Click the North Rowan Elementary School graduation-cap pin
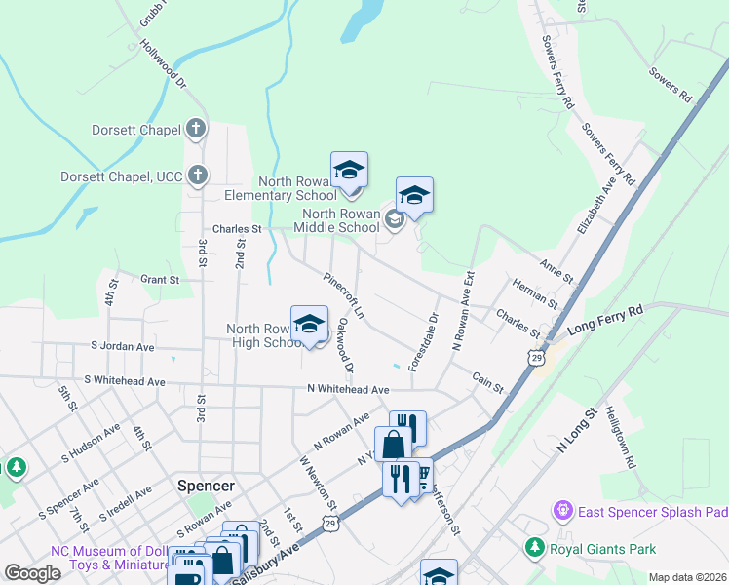click(349, 171)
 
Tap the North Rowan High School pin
click(309, 325)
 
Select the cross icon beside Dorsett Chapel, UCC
click(197, 175)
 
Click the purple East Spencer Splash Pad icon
click(561, 510)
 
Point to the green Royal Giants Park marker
click(534, 549)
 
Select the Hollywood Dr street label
click(162, 64)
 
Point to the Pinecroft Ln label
click(344, 295)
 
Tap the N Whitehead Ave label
click(348, 390)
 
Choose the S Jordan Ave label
click(122, 346)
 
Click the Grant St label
click(161, 279)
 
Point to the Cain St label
click(487, 381)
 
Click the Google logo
click(32, 573)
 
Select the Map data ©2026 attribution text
click(687, 577)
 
